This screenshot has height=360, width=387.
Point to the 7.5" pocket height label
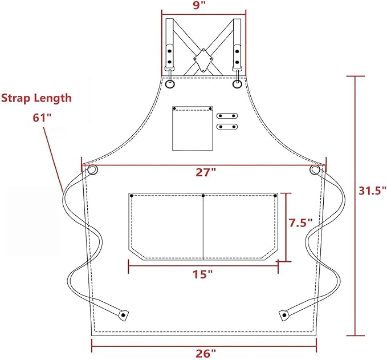coord(300,223)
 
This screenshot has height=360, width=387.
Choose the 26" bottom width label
coord(205,353)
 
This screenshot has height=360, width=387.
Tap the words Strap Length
coord(36,98)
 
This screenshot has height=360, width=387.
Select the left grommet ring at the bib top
coord(170,84)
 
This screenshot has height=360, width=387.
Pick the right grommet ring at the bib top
coord(237,84)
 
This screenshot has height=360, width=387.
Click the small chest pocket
coord(193,128)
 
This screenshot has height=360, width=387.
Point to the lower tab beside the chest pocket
coord(227,126)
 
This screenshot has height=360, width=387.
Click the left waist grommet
coord(92,169)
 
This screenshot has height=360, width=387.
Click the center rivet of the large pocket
coord(203,196)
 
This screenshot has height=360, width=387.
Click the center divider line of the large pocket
coord(203,228)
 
